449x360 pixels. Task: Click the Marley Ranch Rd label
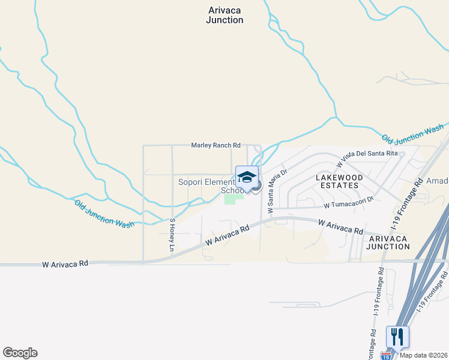[x=215, y=145]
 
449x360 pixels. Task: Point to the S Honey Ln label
[x=172, y=235]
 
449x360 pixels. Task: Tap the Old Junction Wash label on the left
[x=104, y=213]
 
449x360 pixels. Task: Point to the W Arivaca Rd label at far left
[x=65, y=263]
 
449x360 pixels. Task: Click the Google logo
[x=20, y=353]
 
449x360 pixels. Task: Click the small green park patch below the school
[x=230, y=199]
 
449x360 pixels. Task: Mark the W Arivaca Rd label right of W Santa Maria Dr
[x=341, y=226]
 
